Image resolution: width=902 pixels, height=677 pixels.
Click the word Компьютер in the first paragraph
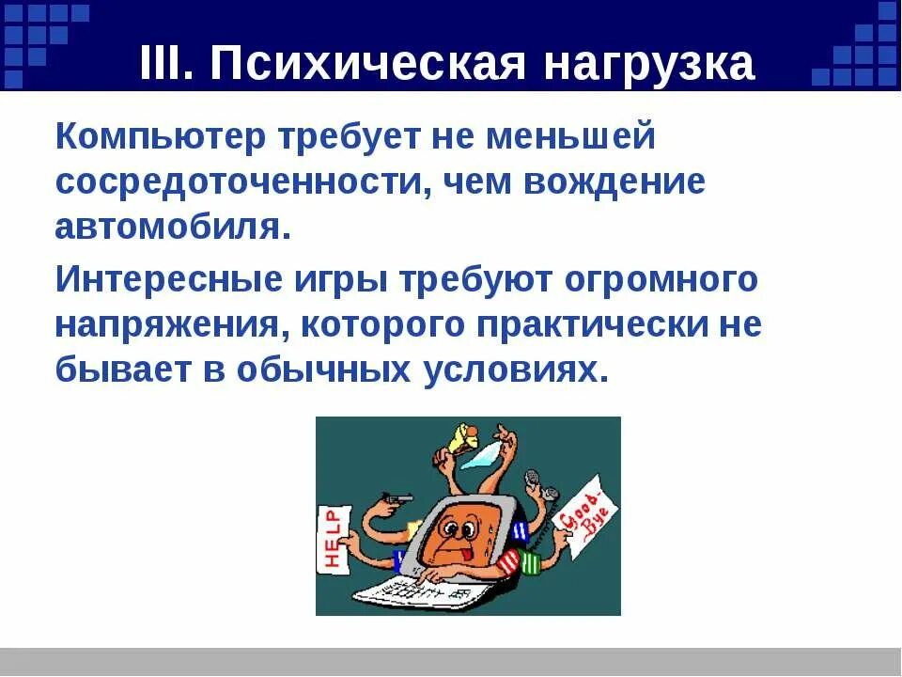click(156, 139)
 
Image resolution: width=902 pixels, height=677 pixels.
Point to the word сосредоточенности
click(235, 181)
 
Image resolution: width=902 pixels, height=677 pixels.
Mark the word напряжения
click(165, 324)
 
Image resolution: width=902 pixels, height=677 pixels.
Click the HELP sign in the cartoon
click(333, 537)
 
